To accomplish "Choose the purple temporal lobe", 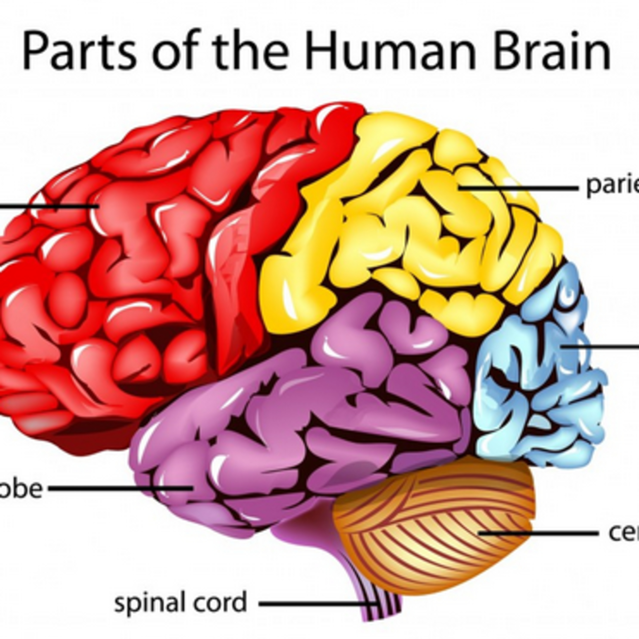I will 298,430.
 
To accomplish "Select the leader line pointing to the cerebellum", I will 539,533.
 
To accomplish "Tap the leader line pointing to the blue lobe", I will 602,347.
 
